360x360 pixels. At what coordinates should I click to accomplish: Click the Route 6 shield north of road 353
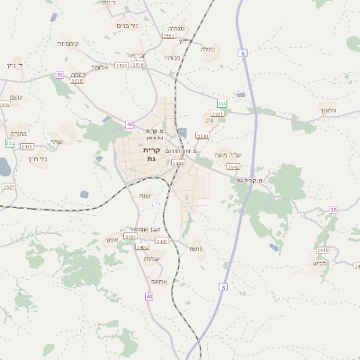pos(243,55)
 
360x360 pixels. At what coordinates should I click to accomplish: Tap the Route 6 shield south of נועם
pos(223,287)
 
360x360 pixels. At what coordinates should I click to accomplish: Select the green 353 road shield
pos(221,104)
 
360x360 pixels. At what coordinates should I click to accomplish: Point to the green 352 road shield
pos(10,143)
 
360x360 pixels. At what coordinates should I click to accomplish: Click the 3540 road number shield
pos(202,136)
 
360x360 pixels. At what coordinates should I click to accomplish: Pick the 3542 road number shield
pos(233,166)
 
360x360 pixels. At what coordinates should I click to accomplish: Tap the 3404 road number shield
pos(177,164)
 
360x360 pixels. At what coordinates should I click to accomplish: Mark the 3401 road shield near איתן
pos(142,237)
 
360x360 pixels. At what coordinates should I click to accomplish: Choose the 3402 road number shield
pos(142,247)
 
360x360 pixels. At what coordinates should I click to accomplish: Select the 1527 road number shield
pos(8,187)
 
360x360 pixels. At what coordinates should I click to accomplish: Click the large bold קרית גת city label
pos(151,154)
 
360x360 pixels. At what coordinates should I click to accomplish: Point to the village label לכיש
pos(319,263)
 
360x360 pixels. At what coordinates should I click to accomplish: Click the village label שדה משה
pos(229,155)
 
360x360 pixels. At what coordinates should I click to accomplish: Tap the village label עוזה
pos(145,195)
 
